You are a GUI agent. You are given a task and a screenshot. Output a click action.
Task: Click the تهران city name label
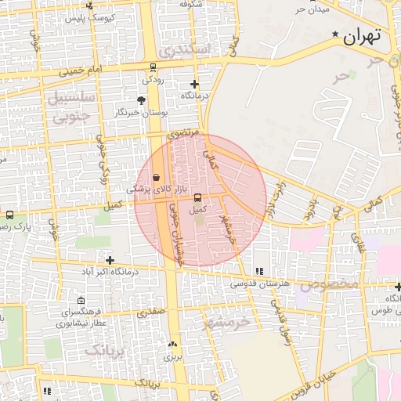pos(361,35)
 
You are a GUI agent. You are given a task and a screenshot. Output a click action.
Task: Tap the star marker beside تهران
pos(336,34)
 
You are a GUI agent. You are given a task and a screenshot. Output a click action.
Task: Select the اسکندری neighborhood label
pos(184,49)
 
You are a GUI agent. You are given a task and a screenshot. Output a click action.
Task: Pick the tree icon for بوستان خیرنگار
pos(141,100)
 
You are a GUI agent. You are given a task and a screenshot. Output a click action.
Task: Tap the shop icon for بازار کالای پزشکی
pos(157,177)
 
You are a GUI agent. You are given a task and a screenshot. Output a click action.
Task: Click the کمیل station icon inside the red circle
pos(197,197)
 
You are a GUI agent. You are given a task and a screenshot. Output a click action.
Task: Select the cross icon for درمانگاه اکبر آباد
pos(110,260)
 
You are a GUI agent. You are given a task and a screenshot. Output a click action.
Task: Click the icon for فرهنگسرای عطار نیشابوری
pos(81,301)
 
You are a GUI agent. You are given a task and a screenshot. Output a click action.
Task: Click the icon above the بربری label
pos(172,344)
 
